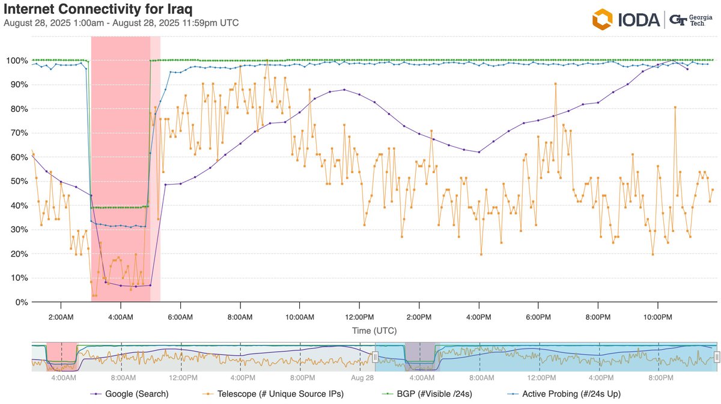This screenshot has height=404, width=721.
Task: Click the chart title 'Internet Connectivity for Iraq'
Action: pos(98,10)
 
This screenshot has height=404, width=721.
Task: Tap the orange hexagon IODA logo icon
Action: pos(603,19)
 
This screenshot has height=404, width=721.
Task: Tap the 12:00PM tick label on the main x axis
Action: pos(359,317)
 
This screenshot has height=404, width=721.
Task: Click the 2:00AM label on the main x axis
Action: pos(61,317)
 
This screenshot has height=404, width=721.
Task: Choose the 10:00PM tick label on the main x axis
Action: pos(657,317)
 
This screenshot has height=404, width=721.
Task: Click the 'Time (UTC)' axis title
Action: pos(374,331)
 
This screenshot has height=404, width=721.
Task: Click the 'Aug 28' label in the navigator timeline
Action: pos(362,378)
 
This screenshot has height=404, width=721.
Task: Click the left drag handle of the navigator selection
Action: pos(375,357)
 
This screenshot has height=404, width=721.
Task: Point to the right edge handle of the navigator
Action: pos(716,357)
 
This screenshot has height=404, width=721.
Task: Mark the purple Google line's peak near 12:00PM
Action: pos(344,90)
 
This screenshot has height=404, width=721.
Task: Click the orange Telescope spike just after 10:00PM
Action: pos(675,107)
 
